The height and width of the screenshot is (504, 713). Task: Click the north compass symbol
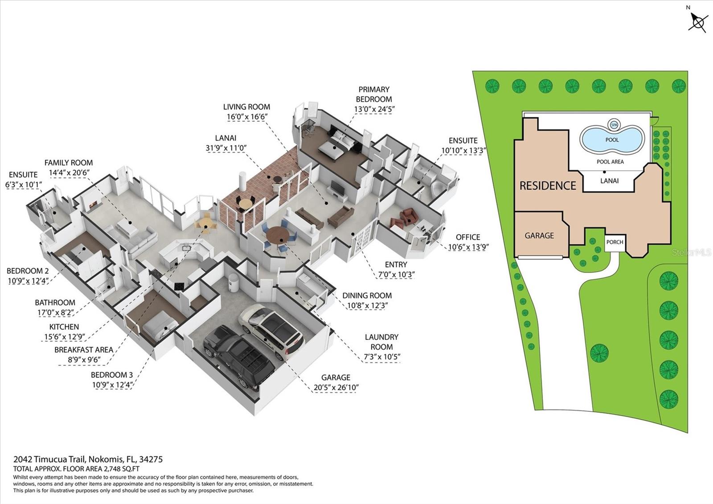coord(698,22)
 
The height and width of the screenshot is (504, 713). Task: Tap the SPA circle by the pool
coord(614,124)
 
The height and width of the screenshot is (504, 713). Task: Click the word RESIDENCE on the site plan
coord(548,186)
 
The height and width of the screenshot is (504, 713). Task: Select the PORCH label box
coord(615,242)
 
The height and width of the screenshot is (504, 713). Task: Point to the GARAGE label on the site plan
coord(539,235)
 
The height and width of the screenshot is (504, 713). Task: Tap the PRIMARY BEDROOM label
coord(374,94)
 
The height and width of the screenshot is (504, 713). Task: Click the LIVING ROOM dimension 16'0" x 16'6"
coord(247,117)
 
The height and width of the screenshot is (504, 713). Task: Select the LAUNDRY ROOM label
coord(381,342)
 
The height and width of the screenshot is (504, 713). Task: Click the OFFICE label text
coord(468,237)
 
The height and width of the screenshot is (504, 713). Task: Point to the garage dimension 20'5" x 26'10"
coord(336,388)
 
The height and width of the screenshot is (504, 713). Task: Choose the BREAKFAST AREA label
coord(84,350)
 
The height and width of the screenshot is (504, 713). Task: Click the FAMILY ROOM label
coord(69,163)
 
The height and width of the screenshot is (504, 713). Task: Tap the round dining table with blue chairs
coord(279,235)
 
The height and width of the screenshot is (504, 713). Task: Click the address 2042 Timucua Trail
coord(49,459)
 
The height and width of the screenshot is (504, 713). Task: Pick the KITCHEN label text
coord(64,327)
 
